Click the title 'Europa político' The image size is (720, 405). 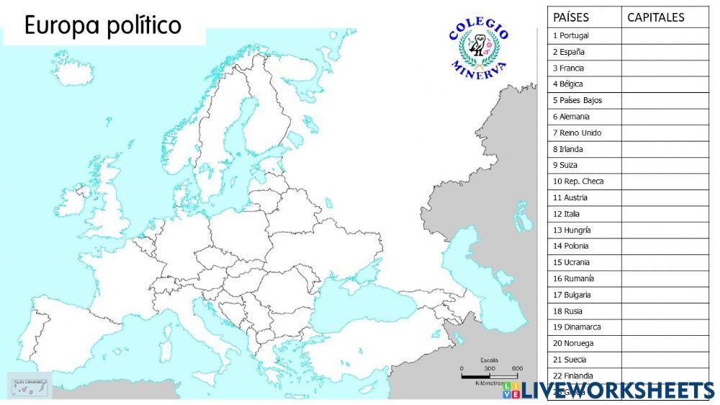[103, 26]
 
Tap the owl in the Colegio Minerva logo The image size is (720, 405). [477, 48]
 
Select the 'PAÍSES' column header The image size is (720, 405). [571, 17]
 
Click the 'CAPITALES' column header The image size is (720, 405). [656, 17]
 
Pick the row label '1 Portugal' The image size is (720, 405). [571, 35]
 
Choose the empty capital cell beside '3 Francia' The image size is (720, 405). [665, 68]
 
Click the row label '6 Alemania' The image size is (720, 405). [572, 116]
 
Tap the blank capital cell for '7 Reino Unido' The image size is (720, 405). [665, 133]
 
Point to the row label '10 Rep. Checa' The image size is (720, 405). [578, 181]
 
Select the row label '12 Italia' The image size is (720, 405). [566, 213]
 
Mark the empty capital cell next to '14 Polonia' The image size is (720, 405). [665, 246]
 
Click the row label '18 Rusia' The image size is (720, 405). [567, 311]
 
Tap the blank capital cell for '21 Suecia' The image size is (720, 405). [665, 359]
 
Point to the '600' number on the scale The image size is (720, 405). [517, 368]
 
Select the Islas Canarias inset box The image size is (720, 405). [30, 385]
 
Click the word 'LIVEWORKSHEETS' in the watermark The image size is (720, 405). [617, 391]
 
